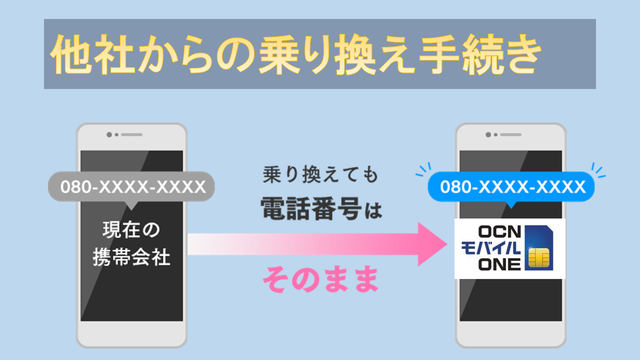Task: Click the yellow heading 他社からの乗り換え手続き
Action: tap(296, 54)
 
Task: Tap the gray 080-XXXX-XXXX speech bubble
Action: tap(131, 187)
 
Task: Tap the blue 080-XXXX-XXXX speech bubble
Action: tap(511, 187)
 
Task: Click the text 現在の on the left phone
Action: tap(131, 230)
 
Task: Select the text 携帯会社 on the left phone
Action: tap(131, 258)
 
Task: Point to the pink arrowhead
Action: tap(432, 244)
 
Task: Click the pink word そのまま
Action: tap(320, 280)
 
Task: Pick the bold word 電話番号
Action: tap(311, 209)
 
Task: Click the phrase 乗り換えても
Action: tap(320, 175)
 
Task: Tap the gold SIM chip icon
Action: tap(539, 258)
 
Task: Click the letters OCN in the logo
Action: tap(499, 232)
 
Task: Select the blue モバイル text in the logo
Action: tap(491, 248)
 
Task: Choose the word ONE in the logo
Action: tap(499, 264)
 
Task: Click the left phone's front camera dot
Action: tap(109, 135)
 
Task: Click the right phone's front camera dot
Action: tap(488, 135)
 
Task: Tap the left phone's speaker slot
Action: tap(131, 135)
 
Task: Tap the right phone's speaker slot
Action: tap(511, 135)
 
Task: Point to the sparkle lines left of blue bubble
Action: tap(423, 169)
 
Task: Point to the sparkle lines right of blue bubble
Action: tap(598, 170)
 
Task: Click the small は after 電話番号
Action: tap(373, 211)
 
